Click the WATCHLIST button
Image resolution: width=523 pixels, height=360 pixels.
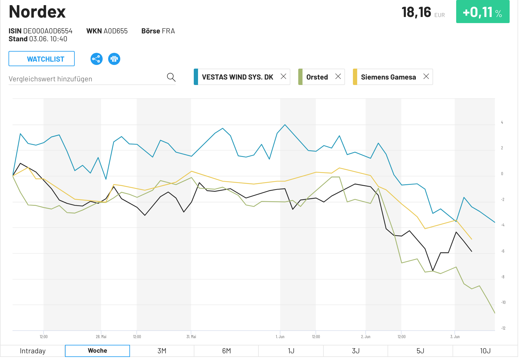point(42,59)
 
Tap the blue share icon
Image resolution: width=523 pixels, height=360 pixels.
point(96,59)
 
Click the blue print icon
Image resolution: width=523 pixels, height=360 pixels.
point(114,59)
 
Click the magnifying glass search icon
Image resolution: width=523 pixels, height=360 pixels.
point(171,77)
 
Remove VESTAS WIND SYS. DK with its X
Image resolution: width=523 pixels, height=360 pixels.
point(283,76)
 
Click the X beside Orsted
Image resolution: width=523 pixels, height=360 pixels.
point(338,76)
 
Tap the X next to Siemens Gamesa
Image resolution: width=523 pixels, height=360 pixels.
point(426,76)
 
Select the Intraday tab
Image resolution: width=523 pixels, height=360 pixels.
point(32,351)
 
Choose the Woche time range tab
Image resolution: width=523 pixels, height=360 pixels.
point(97,351)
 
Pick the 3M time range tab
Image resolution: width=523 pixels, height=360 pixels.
point(162,351)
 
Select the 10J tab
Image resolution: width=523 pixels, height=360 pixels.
point(485,351)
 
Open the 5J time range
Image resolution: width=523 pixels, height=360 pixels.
point(420,351)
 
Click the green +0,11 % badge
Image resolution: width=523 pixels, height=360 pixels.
point(483,12)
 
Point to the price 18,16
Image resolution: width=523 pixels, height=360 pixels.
point(416,12)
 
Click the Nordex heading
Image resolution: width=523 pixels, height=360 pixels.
point(37,12)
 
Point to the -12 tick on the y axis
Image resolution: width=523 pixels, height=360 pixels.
point(503,328)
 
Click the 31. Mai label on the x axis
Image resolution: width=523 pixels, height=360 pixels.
point(191,337)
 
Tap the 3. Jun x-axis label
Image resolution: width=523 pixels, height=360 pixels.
point(455,337)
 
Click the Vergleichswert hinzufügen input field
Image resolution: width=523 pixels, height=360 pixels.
point(85,79)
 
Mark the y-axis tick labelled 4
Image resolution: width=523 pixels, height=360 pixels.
point(502,122)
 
